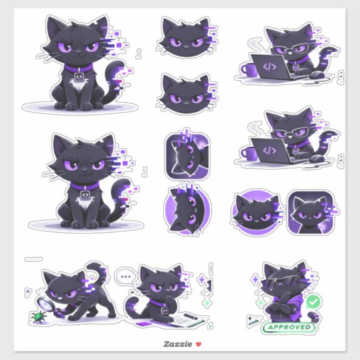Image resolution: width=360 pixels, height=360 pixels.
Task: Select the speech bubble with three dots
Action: (124, 276)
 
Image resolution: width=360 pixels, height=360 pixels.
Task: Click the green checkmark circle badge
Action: (312, 301)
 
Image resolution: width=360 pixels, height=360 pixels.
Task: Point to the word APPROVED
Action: (288, 327)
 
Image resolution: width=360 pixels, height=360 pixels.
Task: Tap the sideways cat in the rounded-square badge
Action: (187, 156)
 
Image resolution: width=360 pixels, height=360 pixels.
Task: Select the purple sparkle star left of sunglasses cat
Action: (253, 279)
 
